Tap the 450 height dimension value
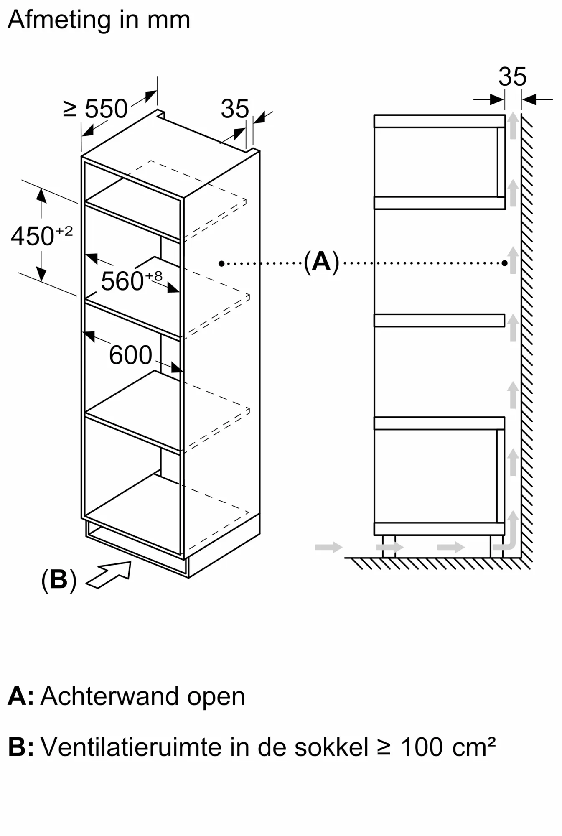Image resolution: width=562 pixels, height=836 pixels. [33, 237]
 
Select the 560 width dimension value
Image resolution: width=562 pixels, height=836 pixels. [122, 281]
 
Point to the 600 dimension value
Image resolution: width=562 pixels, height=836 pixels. [130, 355]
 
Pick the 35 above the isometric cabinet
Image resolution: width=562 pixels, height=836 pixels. [235, 109]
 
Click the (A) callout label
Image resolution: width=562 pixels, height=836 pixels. [321, 262]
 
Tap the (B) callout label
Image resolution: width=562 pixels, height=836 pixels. [59, 580]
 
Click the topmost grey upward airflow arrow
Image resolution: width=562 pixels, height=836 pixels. [513, 126]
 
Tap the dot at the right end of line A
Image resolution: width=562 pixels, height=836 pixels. [505, 263]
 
